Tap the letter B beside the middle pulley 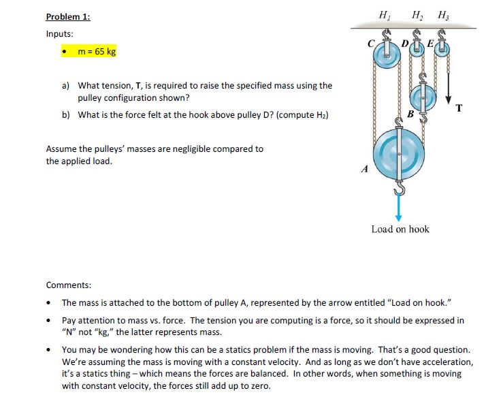410,113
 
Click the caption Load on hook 400,229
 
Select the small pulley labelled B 423,97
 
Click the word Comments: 68,285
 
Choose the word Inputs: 61,34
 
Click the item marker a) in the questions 66,86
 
